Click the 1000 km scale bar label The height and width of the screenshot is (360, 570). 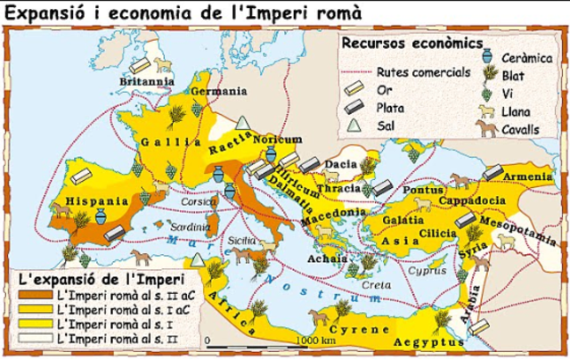click(x=317, y=340)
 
